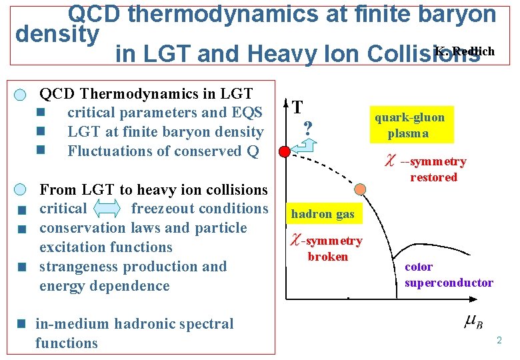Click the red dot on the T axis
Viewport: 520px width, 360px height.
(285, 151)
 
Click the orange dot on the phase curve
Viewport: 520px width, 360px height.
(360, 189)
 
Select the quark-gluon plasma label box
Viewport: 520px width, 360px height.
(409, 125)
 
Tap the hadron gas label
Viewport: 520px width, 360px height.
(323, 214)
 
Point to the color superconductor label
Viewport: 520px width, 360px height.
(448, 275)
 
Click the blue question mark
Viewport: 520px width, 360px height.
(308, 128)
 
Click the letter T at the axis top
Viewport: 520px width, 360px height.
(299, 107)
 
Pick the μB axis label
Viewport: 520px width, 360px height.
(473, 323)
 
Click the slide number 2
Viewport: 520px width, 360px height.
(498, 341)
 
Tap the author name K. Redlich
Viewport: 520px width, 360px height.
(465, 52)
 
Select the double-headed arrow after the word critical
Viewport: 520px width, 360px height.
(108, 209)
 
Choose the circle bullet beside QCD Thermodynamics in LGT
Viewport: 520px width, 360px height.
(21, 95)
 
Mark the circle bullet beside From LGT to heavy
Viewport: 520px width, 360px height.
(21, 190)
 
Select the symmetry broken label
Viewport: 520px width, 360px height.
(327, 248)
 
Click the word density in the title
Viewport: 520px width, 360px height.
(57, 33)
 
